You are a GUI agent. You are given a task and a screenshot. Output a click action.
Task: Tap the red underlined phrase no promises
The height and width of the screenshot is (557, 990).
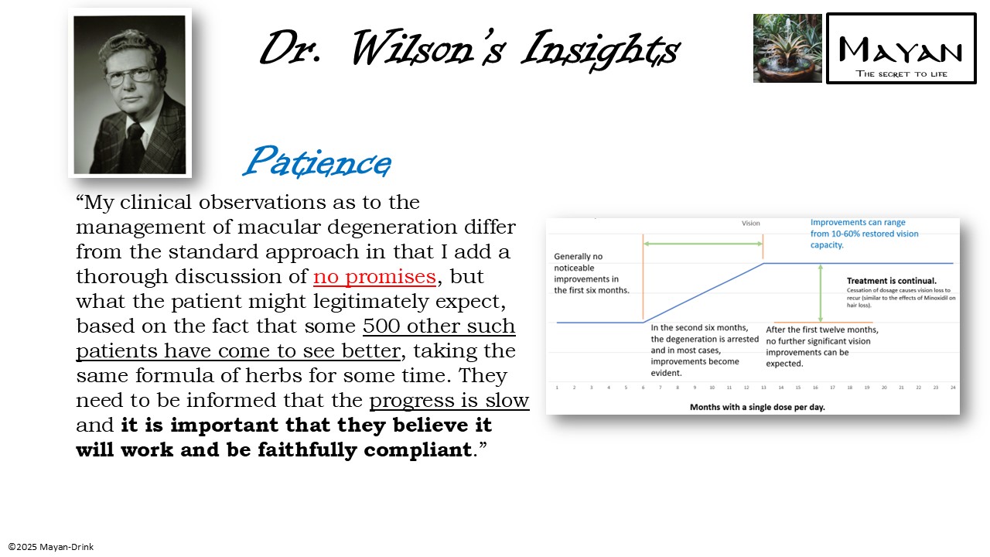click(374, 277)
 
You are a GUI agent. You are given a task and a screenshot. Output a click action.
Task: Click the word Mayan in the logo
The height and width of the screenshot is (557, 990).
click(901, 51)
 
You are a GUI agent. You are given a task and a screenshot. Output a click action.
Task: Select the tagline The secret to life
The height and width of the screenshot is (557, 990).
click(901, 74)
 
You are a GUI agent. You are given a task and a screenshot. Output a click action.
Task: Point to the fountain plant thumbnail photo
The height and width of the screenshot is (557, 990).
click(787, 48)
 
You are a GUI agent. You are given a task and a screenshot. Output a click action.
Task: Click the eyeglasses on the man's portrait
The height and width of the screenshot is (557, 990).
click(131, 76)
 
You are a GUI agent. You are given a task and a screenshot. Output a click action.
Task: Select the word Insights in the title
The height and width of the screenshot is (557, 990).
click(600, 50)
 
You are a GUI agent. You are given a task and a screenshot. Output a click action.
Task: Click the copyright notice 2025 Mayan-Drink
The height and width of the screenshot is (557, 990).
click(51, 547)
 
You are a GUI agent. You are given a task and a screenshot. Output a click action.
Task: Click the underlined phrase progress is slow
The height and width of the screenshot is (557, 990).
click(449, 401)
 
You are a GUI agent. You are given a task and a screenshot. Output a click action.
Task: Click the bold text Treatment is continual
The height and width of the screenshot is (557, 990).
click(892, 281)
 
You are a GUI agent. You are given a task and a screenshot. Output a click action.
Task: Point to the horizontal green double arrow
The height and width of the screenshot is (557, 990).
click(702, 244)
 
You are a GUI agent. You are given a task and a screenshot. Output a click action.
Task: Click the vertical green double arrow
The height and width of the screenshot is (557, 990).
click(821, 292)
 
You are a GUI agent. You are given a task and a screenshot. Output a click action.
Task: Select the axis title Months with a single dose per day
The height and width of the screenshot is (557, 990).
click(757, 407)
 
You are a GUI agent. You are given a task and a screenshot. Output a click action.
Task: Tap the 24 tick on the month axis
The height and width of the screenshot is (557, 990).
click(953, 386)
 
